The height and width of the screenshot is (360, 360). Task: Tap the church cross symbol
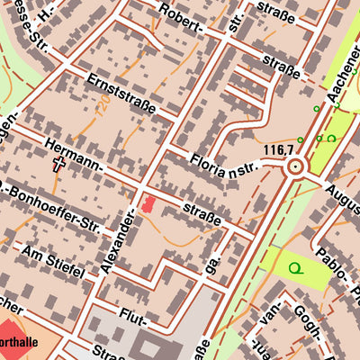pos(60,164)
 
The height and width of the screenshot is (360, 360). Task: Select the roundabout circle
pos(294,166)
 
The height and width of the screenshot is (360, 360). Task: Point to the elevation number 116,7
pos(280,148)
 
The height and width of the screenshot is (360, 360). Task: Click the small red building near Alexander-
pos(147,205)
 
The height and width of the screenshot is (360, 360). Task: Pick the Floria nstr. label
pos(225,163)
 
